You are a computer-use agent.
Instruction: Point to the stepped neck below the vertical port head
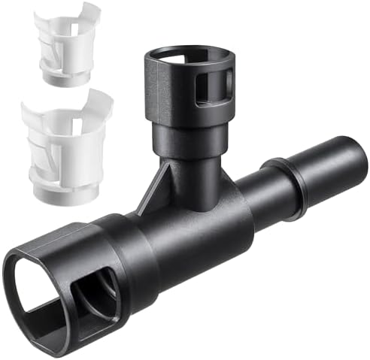[187, 143]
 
